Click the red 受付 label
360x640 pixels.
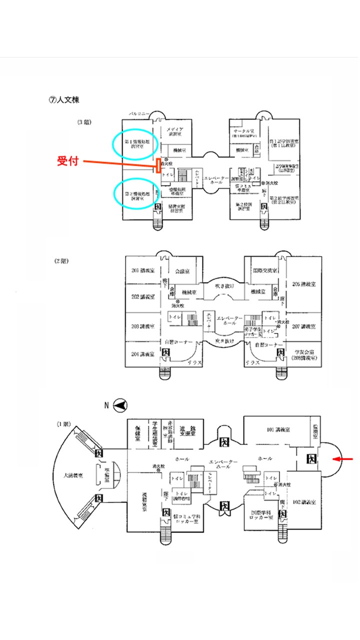[68, 161]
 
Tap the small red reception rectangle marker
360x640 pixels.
[158, 165]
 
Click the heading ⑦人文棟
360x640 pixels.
[63, 99]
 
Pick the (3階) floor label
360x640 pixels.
[84, 122]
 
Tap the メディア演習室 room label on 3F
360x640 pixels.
[176, 131]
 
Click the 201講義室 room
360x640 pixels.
[142, 271]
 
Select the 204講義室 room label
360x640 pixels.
[142, 354]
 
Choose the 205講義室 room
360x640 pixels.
[304, 284]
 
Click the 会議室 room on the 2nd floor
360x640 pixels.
[181, 271]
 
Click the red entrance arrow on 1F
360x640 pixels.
[345, 458]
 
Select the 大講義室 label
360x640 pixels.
[72, 475]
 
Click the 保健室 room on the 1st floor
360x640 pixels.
[137, 432]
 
